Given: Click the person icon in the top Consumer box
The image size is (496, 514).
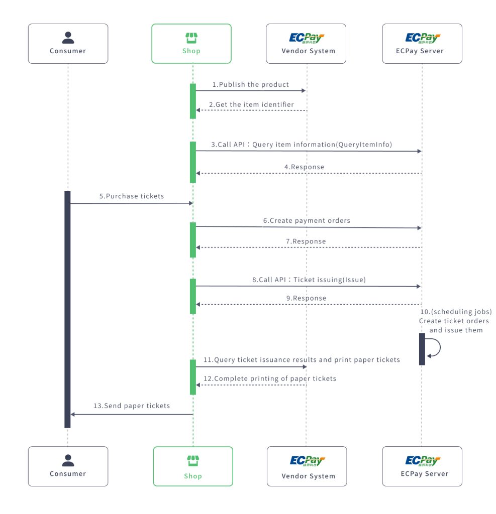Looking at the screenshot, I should (68, 38).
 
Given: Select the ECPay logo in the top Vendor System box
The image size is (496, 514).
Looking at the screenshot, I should (307, 38).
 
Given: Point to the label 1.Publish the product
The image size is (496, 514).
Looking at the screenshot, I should (251, 84).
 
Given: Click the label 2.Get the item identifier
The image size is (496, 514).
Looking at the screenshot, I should (251, 104).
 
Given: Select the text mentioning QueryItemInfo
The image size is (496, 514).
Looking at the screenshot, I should (302, 144).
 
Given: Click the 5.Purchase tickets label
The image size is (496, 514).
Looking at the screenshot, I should (131, 196).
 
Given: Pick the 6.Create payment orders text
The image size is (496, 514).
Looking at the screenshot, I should (307, 220).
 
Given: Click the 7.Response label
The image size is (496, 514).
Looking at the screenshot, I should (306, 241).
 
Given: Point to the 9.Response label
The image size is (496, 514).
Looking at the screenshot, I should (306, 298).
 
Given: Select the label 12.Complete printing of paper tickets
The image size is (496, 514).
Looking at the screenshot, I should (269, 378).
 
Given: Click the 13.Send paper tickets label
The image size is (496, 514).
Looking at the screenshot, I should (132, 406).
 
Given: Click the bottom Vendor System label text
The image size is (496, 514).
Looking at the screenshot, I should (308, 476).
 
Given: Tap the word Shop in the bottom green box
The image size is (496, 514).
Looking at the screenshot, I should (193, 476).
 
